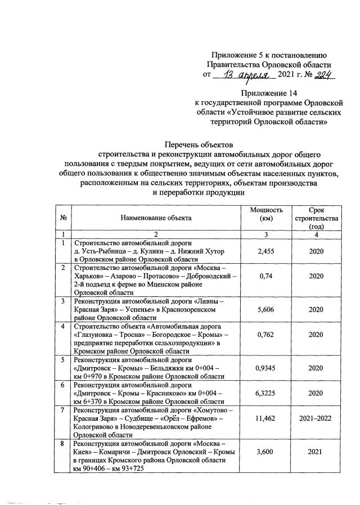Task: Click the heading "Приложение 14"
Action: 267,92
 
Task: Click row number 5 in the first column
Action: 64,359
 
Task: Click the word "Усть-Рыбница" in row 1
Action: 106,251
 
